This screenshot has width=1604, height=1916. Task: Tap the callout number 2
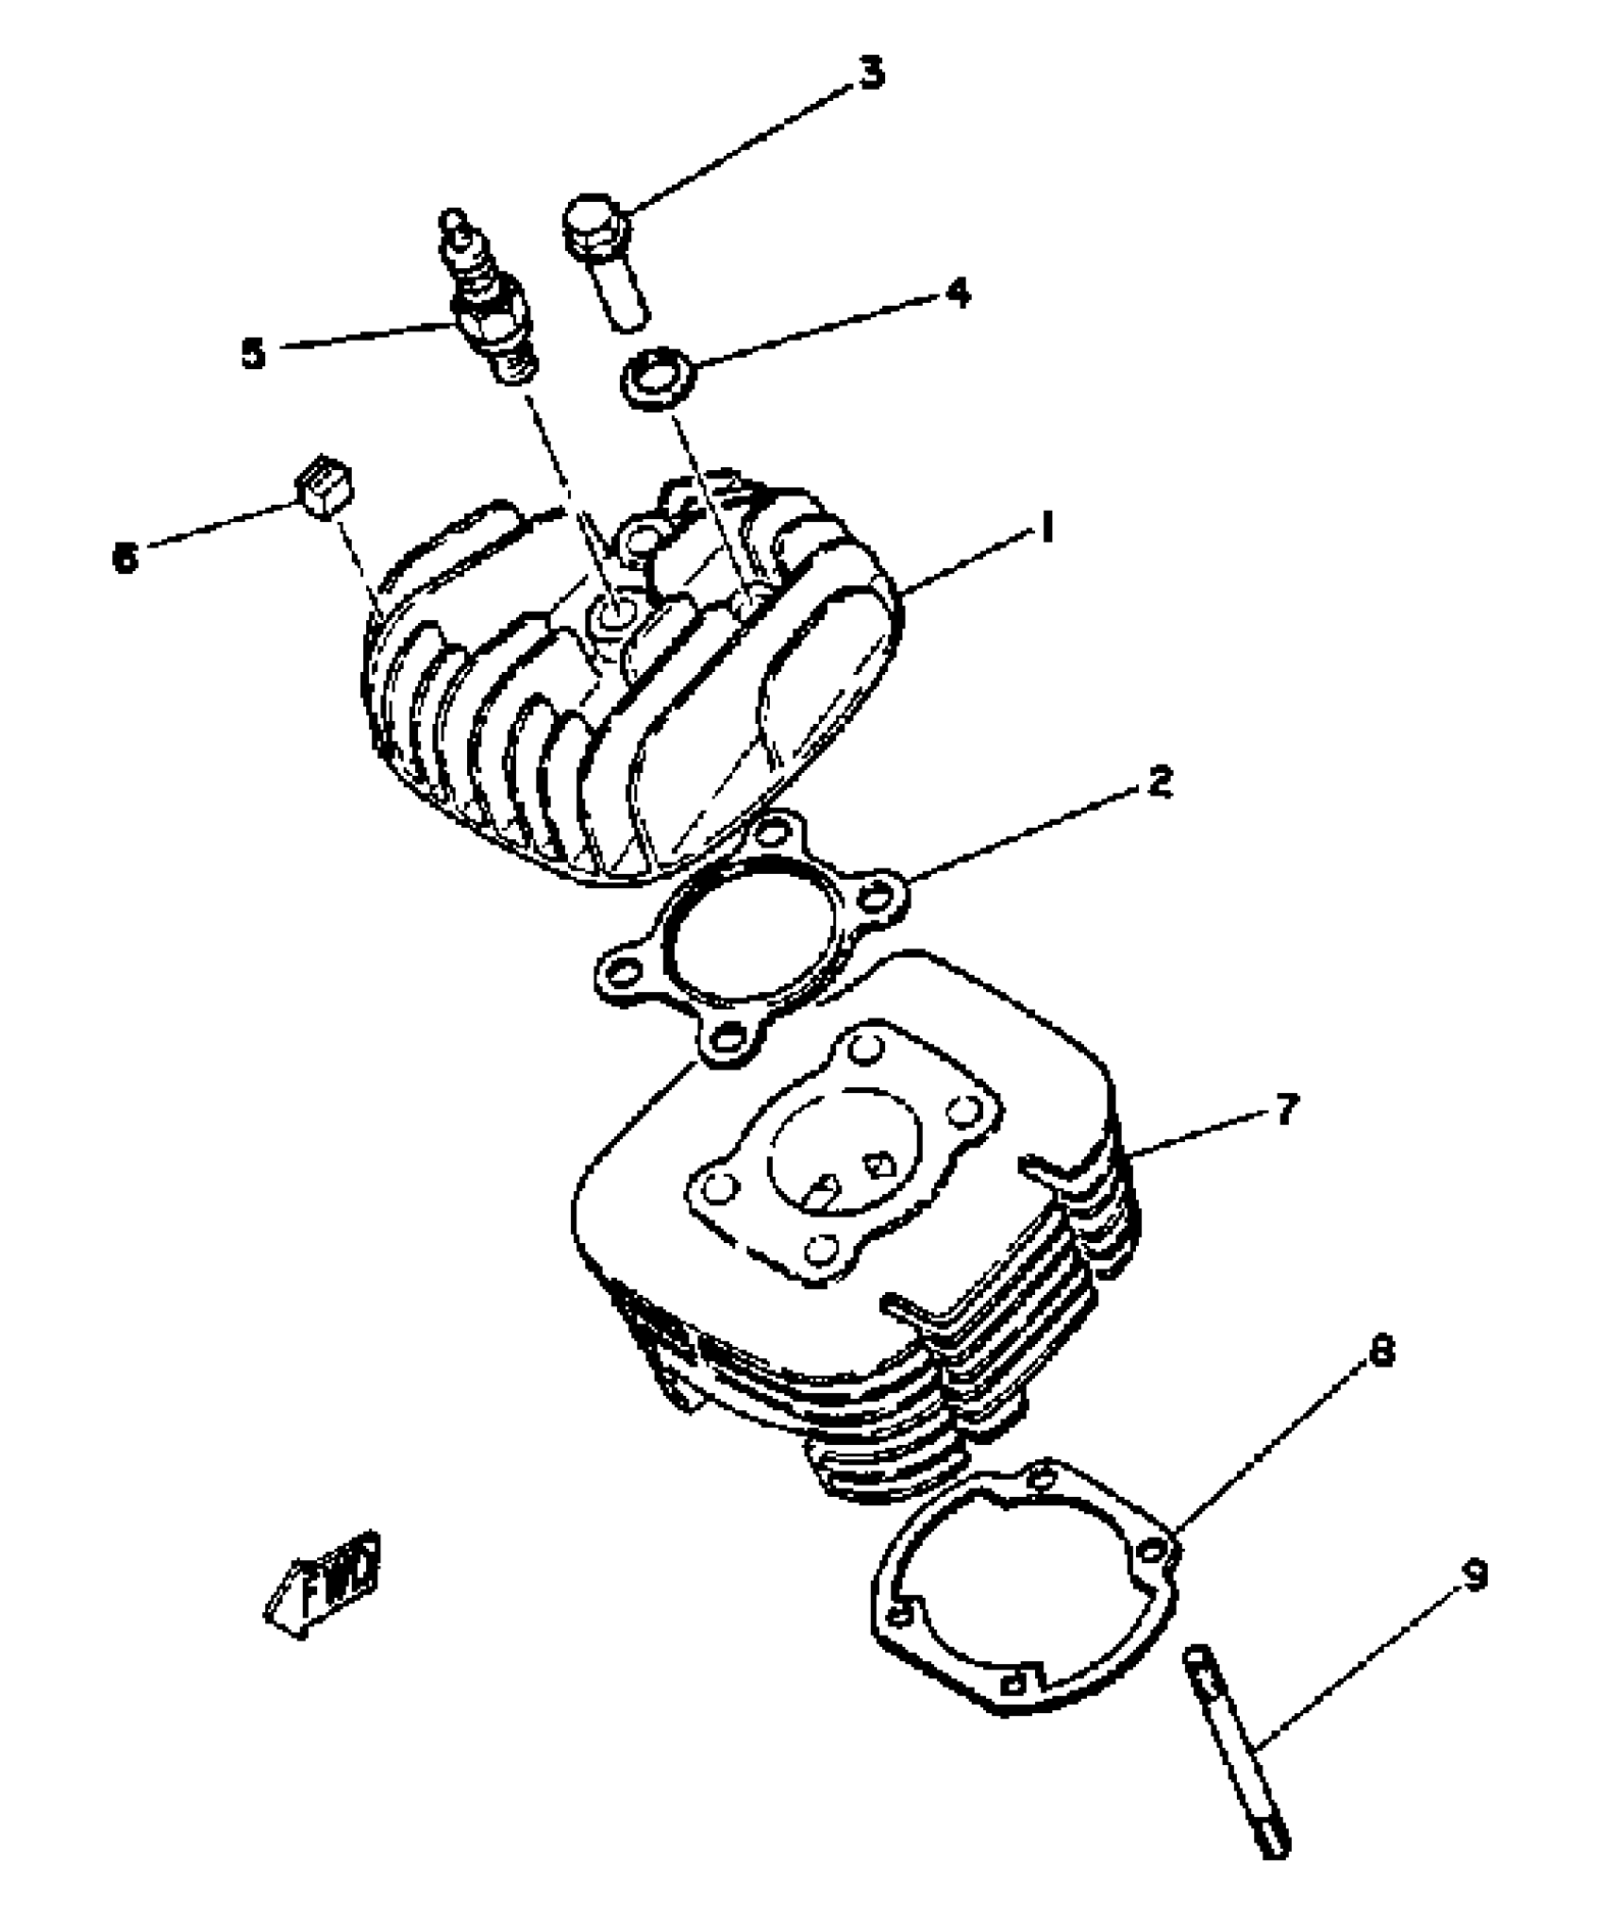coord(1160,782)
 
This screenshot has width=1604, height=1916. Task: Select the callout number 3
coord(872,74)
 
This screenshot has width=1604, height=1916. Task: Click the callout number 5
coord(253,354)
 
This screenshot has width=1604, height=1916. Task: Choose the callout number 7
coord(1287,1109)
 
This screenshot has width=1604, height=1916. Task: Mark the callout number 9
coord(1474,1574)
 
